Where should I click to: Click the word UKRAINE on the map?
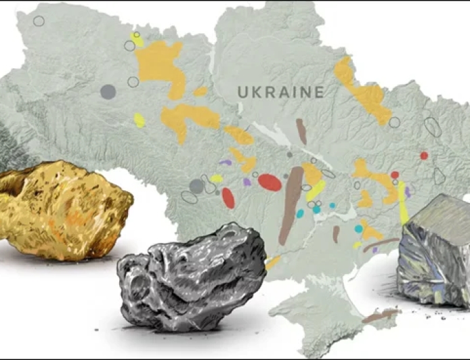[x=280, y=93]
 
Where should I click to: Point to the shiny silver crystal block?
[x=434, y=250]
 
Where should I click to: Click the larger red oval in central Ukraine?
[x=270, y=182]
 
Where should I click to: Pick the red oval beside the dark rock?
[x=228, y=198]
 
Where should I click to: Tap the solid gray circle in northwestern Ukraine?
[x=108, y=91]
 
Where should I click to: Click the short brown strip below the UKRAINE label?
[x=301, y=131]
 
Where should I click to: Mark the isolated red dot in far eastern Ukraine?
[x=424, y=156]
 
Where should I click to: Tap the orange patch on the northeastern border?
[x=366, y=95]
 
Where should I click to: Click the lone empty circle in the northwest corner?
[x=39, y=21]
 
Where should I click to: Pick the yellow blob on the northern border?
[x=138, y=40]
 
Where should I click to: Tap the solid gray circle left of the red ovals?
[x=196, y=186]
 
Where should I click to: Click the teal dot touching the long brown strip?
[x=300, y=213]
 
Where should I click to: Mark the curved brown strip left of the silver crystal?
[x=379, y=244]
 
